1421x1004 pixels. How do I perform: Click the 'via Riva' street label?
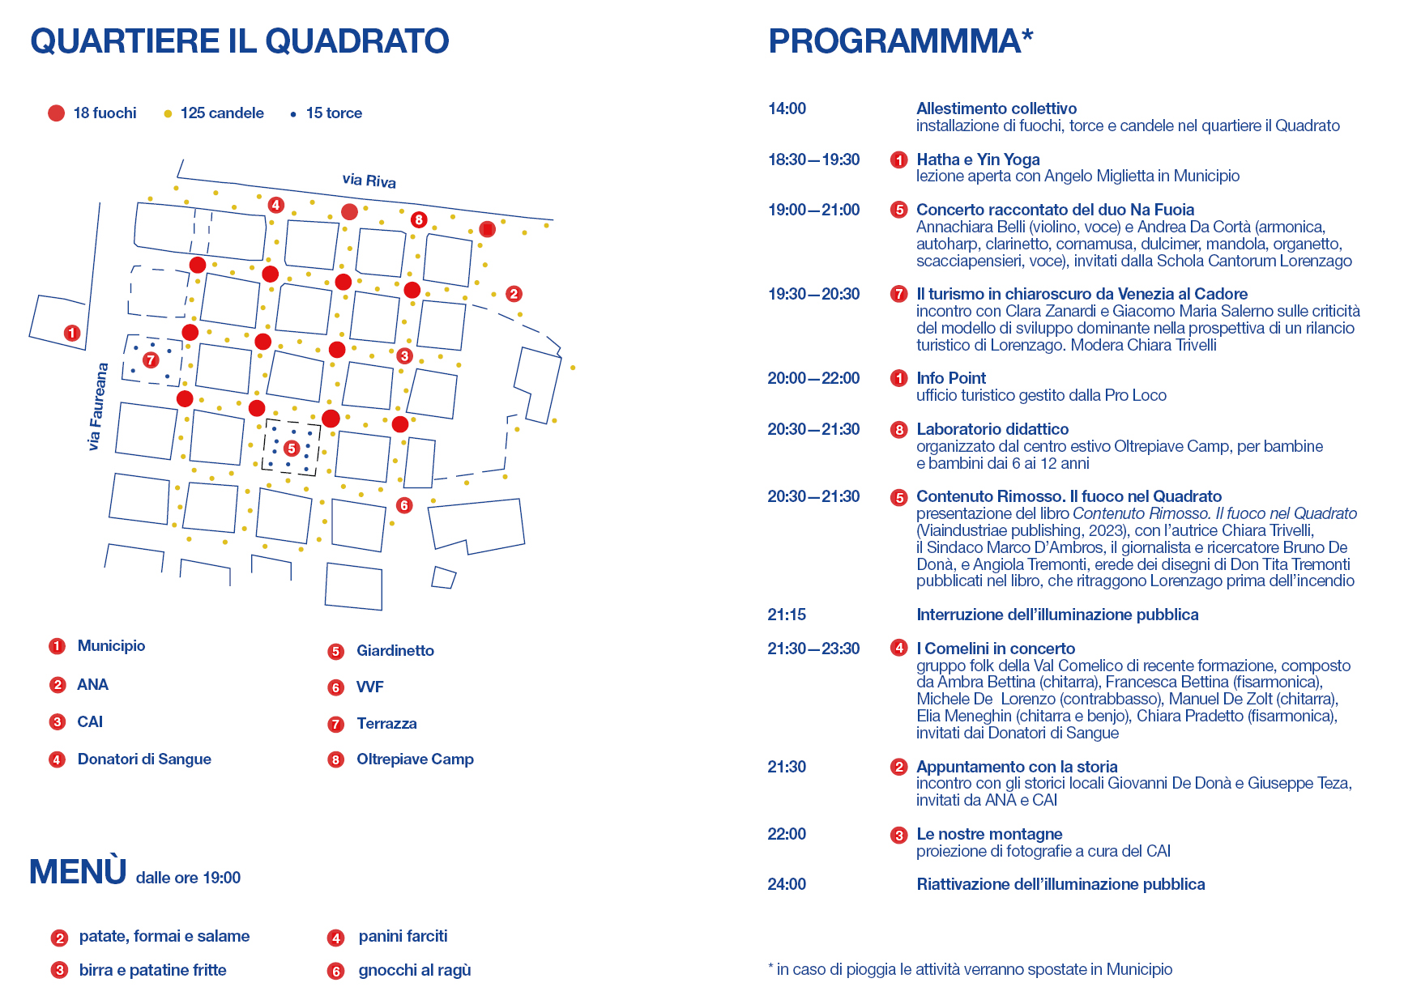point(369,181)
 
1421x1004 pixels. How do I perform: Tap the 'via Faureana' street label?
point(97,406)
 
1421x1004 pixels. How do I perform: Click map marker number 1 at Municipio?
point(72,333)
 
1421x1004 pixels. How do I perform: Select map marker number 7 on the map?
point(151,359)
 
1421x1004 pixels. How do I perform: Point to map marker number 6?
point(404,505)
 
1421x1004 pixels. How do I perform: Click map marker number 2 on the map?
point(514,294)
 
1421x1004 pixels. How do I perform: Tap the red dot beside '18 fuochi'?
point(56,113)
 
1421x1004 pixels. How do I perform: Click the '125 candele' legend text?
point(222,113)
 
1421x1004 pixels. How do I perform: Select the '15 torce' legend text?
point(334,113)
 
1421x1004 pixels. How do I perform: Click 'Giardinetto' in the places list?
point(395,651)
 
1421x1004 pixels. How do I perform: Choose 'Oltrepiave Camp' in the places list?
point(415,759)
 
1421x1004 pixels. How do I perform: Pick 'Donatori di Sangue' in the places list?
point(144,759)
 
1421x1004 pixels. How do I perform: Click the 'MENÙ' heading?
point(78,872)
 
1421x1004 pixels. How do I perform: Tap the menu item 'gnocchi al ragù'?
point(415,970)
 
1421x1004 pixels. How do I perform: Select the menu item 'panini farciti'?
point(403,936)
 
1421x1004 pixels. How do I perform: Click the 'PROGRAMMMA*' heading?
point(900,40)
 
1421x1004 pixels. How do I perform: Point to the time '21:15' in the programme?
point(787,615)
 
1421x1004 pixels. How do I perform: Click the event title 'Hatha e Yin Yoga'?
point(978,160)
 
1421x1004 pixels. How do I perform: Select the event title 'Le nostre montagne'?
point(989,834)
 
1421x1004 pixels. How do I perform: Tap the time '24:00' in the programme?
point(787,884)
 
